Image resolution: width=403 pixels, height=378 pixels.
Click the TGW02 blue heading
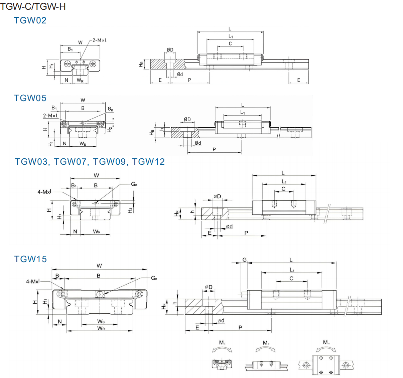[x=30, y=20]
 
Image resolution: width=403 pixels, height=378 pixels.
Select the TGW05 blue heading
[x=30, y=98]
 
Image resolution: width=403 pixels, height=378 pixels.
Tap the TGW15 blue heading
[x=30, y=259]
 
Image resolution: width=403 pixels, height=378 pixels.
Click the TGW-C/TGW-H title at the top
[x=33, y=6]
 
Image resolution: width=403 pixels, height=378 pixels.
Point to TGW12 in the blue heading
[x=148, y=162]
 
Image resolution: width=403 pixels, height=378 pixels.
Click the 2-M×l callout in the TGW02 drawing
[x=99, y=40]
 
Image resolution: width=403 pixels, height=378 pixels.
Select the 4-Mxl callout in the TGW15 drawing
[x=33, y=282]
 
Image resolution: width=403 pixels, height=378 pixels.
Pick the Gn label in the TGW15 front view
[x=154, y=278]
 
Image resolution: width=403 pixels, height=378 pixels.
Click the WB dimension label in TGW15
[x=101, y=321]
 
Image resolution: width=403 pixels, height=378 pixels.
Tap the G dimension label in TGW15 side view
[x=245, y=260]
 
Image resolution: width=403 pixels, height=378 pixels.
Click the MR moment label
[x=222, y=343]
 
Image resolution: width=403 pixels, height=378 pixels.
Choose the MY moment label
[x=326, y=343]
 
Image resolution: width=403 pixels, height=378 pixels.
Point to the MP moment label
[x=266, y=343]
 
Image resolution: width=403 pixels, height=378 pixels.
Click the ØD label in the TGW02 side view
[x=170, y=50]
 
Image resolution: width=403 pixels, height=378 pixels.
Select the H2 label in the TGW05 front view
[x=110, y=130]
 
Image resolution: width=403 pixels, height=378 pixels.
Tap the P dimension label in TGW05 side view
[x=214, y=149]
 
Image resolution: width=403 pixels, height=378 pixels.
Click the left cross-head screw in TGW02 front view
[x=68, y=64]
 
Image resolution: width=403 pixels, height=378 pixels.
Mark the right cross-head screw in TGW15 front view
[x=139, y=294]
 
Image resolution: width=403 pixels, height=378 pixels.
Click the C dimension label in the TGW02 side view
[x=230, y=44]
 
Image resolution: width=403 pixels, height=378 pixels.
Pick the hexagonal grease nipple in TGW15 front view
[x=100, y=294]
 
